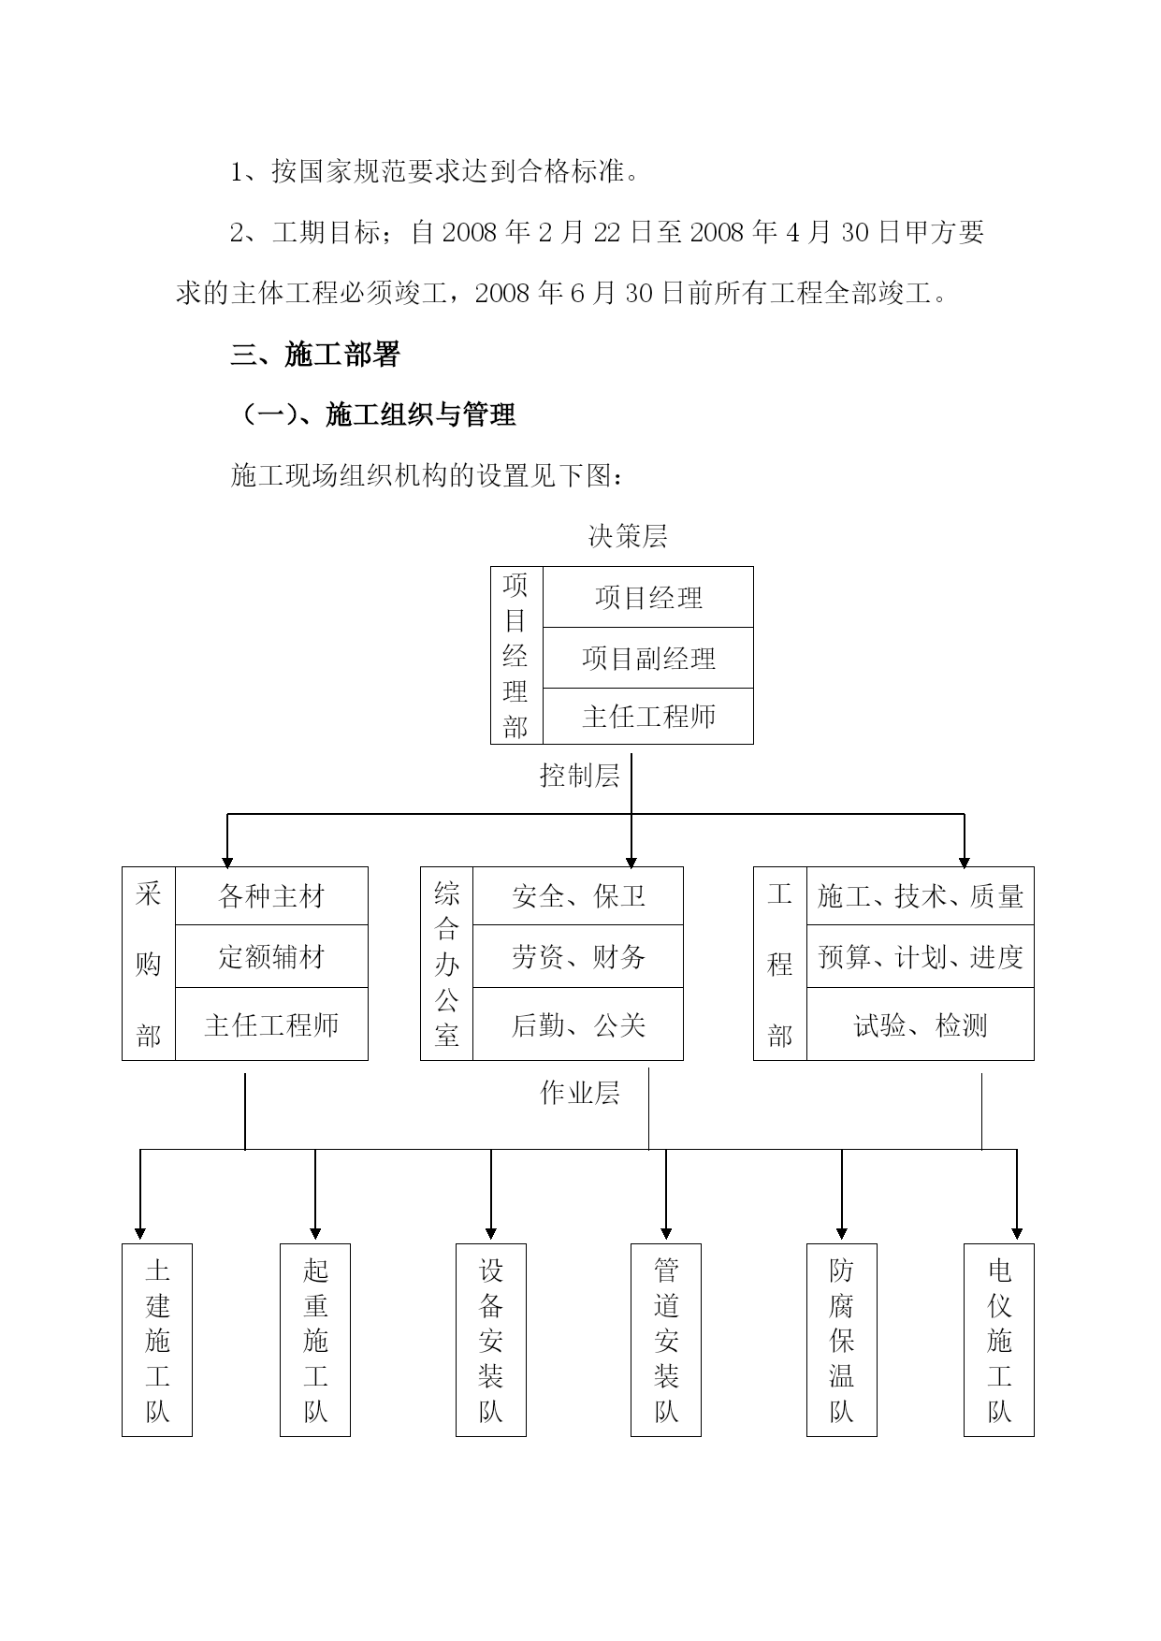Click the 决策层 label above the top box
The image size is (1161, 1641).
(x=627, y=536)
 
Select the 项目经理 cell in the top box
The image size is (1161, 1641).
(x=648, y=597)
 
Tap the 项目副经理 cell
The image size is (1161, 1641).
(x=648, y=658)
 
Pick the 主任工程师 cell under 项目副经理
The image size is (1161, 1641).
(x=648, y=717)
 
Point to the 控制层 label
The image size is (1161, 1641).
(x=579, y=776)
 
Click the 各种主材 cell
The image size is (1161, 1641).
(x=271, y=896)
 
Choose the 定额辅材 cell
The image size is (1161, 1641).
(x=271, y=956)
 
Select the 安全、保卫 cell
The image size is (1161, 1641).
(x=578, y=896)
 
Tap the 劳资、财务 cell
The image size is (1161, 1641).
(x=578, y=956)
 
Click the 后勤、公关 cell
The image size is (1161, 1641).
(x=578, y=1024)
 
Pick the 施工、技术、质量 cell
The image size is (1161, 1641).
(x=920, y=896)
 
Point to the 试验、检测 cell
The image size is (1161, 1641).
(x=920, y=1024)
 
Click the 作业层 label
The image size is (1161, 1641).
(x=579, y=1093)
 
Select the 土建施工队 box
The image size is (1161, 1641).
(x=157, y=1340)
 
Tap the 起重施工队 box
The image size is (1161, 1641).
(x=315, y=1340)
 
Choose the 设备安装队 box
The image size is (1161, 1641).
(x=491, y=1340)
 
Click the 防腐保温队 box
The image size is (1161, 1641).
(x=842, y=1340)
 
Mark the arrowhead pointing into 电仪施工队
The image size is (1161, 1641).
(x=1017, y=1233)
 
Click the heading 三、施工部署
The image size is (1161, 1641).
(x=315, y=355)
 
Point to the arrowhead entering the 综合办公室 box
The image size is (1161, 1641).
(x=631, y=862)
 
